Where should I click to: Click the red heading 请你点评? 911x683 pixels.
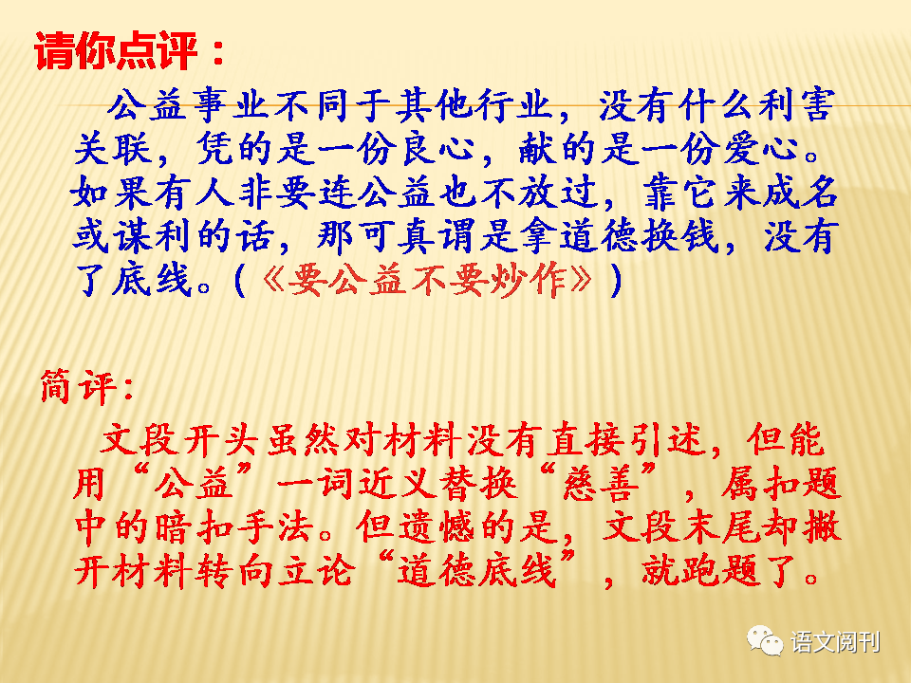point(116,51)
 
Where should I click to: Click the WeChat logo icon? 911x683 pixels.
point(765,641)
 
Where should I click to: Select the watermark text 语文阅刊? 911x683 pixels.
point(835,642)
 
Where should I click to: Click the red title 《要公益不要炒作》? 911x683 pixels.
point(428,280)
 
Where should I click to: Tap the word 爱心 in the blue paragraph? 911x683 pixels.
point(761,149)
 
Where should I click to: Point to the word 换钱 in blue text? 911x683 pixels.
point(679,236)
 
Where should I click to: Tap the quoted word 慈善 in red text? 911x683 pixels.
point(599,483)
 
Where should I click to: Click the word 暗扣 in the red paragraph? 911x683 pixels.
point(195,527)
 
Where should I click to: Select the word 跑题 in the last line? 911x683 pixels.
point(719,570)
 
